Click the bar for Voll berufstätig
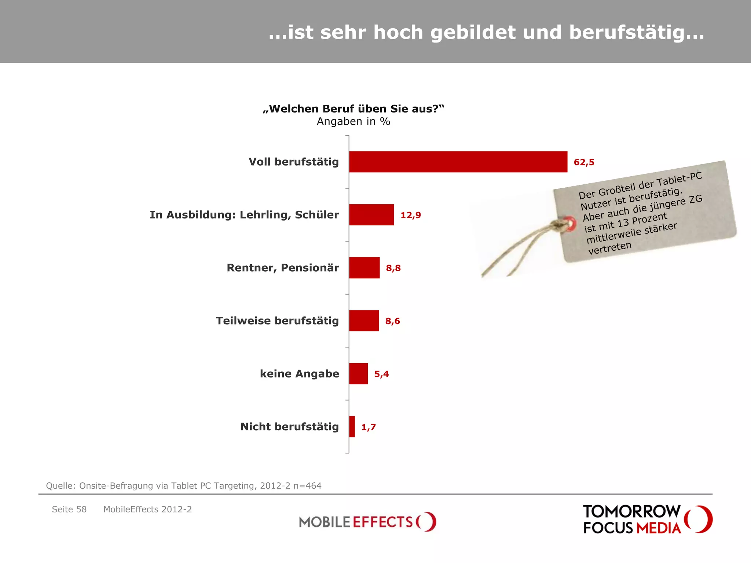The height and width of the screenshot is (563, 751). [x=458, y=162]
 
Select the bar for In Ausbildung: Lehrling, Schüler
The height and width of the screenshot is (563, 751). [x=371, y=215]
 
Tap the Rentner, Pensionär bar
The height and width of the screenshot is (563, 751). [x=364, y=268]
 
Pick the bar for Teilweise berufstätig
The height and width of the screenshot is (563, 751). [x=364, y=321]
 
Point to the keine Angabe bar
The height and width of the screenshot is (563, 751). [x=358, y=374]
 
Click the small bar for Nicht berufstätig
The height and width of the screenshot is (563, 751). [x=352, y=427]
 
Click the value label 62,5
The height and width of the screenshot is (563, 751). [x=584, y=162]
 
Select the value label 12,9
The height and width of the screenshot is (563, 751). [x=410, y=215]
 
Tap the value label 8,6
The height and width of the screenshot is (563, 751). [x=392, y=321]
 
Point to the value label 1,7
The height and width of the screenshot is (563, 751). [x=369, y=427]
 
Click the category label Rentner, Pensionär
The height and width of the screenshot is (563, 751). [x=283, y=268]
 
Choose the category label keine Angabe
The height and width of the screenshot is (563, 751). [x=299, y=374]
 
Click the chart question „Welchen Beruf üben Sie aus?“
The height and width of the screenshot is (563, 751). [x=353, y=109]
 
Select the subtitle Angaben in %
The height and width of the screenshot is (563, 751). [x=353, y=121]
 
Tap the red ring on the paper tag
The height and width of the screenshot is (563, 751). [x=570, y=223]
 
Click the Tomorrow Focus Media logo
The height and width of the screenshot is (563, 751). [x=647, y=519]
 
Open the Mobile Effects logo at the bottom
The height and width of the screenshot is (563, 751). [x=367, y=522]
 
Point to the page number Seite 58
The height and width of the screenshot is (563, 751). [x=69, y=509]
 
